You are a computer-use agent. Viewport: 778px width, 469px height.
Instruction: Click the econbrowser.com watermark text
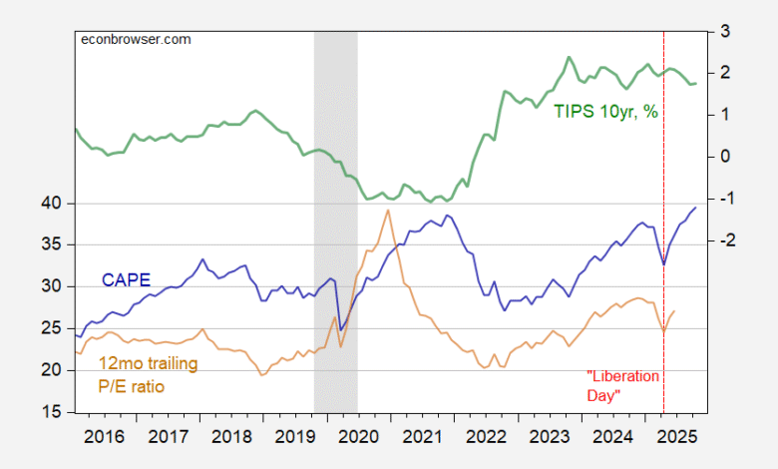pyautogui.click(x=135, y=39)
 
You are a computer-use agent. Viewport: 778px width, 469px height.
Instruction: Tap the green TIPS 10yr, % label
pyautogui.click(x=606, y=112)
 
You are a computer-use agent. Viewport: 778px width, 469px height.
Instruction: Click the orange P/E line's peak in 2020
pyautogui.click(x=387, y=210)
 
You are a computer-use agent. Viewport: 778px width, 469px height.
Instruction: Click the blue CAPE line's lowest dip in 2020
pyautogui.click(x=340, y=329)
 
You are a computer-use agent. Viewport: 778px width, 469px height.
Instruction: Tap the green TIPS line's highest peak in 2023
pyautogui.click(x=569, y=57)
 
